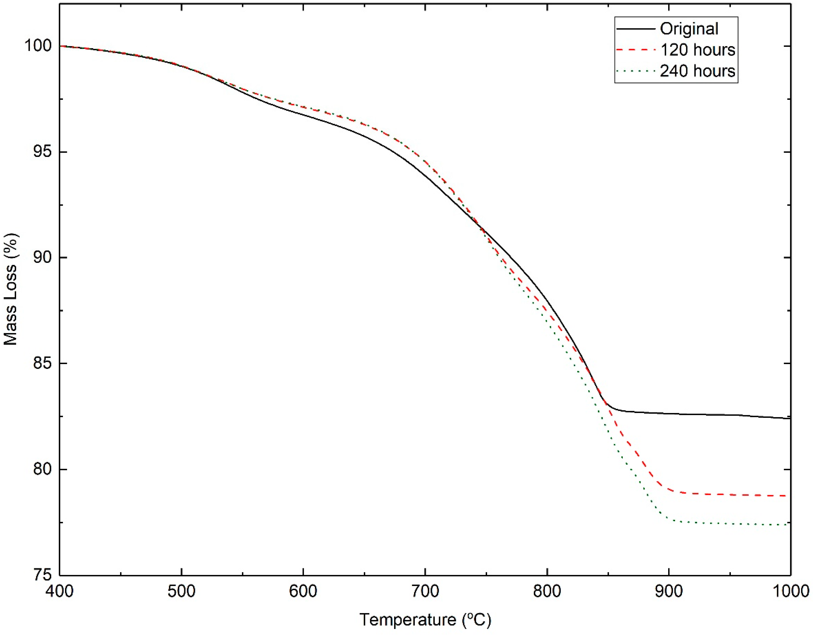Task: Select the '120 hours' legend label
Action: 698,50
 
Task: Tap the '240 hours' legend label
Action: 698,71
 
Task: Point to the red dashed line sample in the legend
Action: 636,50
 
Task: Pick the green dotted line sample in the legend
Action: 636,71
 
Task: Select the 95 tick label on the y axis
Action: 42,152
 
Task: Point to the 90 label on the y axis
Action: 42,258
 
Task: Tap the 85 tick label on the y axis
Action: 42,363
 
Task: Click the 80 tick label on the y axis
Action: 42,469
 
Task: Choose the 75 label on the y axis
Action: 42,575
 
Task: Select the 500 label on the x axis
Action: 181,591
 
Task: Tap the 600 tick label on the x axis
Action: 303,591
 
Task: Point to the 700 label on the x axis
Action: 425,591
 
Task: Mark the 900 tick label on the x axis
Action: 669,591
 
